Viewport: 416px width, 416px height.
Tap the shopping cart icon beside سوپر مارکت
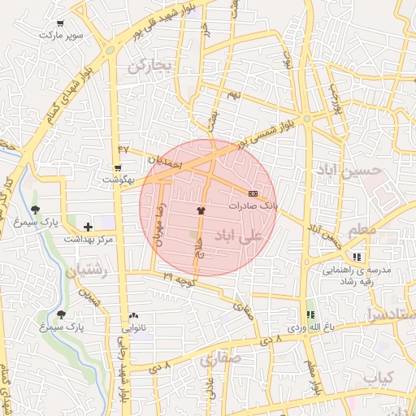pos(59,24)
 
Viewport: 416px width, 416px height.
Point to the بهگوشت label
pos(118,179)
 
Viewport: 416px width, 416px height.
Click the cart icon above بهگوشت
pos(118,167)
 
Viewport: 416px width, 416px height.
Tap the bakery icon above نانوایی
pos(133,316)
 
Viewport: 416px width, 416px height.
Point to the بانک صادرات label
pos(253,206)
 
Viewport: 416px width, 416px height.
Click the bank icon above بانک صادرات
pos(253,194)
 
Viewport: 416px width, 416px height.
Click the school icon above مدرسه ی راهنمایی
pos(357,257)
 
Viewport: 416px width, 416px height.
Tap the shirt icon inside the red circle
pos(200,210)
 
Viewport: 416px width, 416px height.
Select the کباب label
pos(379,378)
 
